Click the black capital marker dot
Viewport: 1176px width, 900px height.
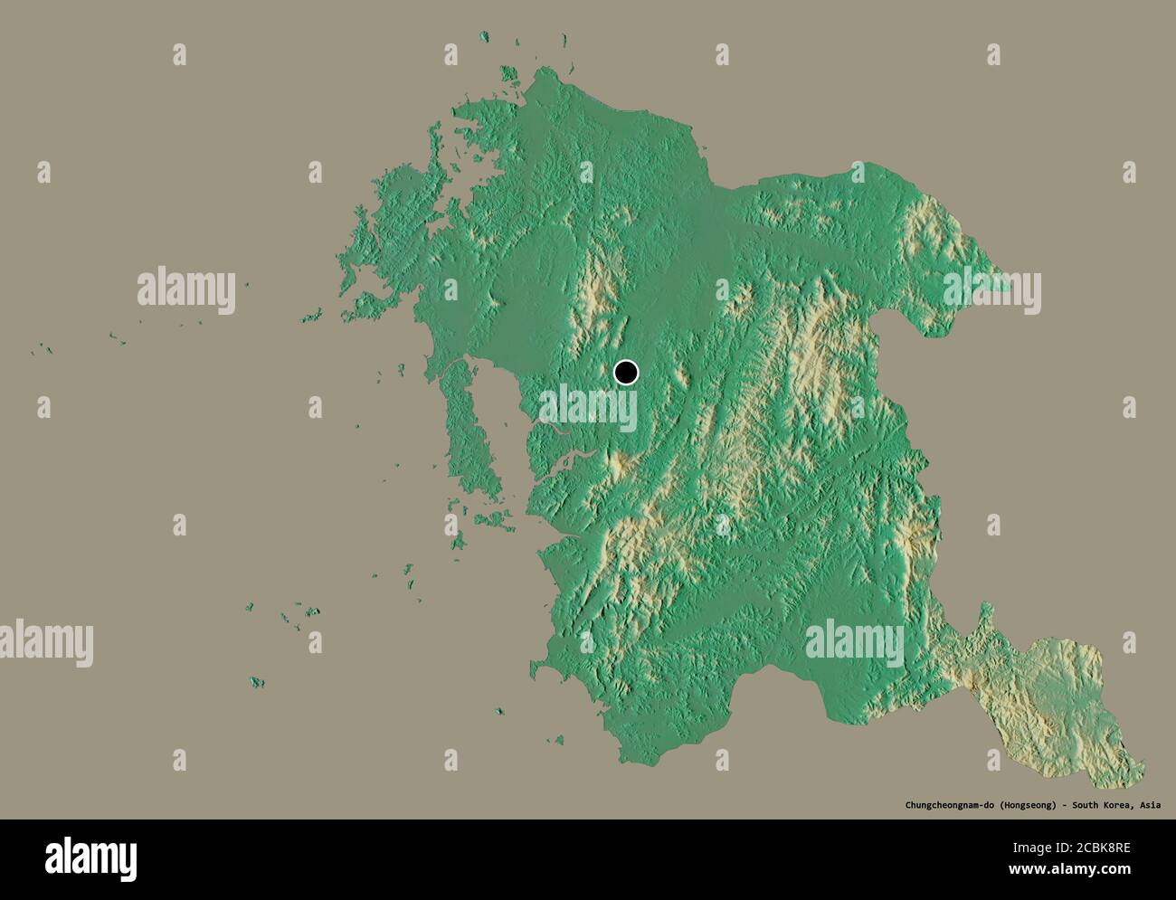coord(626,372)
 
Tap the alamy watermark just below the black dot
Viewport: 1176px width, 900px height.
coord(588,410)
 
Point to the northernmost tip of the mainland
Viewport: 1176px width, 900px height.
coord(543,71)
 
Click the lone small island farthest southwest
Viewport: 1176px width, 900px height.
coord(258,681)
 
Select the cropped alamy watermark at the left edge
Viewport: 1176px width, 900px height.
coord(45,641)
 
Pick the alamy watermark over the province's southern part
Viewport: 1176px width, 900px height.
coord(854,641)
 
